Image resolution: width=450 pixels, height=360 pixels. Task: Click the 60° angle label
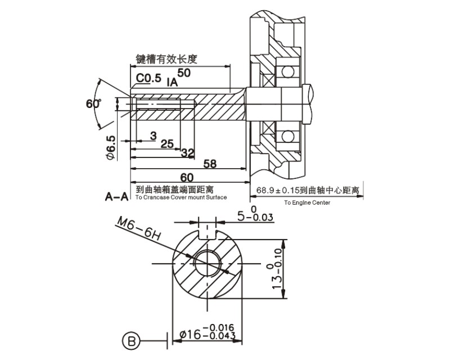[93, 103]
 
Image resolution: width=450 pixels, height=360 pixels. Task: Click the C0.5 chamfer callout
[148, 78]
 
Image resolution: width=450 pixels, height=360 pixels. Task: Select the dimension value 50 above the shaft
[184, 73]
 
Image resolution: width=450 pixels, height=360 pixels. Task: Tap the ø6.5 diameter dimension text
[110, 147]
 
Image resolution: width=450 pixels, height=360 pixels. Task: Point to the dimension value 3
[154, 136]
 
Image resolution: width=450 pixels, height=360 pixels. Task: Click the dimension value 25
[167, 143]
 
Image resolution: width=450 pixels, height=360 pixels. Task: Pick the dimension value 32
[188, 153]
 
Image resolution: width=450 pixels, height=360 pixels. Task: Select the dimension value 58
[210, 164]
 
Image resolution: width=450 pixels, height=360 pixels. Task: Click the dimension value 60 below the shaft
[187, 177]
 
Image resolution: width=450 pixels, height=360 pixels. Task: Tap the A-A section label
[116, 197]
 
